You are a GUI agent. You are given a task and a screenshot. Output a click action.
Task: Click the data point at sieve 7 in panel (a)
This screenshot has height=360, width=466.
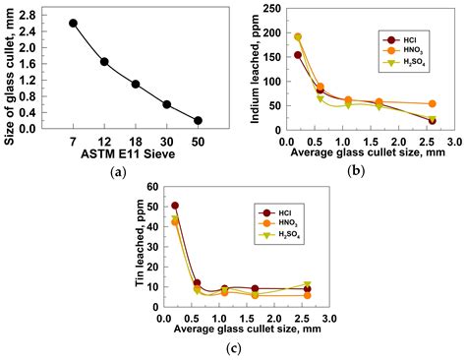74,23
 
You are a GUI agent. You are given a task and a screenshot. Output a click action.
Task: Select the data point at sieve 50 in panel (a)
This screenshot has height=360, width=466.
198,120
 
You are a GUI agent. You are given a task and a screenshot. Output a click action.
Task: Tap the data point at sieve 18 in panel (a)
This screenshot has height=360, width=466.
136,85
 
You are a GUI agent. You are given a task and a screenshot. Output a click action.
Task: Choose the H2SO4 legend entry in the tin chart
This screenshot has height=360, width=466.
288,235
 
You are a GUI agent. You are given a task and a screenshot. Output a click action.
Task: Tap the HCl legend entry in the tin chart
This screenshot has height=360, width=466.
285,210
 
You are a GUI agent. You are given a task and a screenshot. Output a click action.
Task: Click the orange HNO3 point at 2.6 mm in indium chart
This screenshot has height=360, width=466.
432,103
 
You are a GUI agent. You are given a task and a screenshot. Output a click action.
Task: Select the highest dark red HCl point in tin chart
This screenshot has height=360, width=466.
175,206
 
